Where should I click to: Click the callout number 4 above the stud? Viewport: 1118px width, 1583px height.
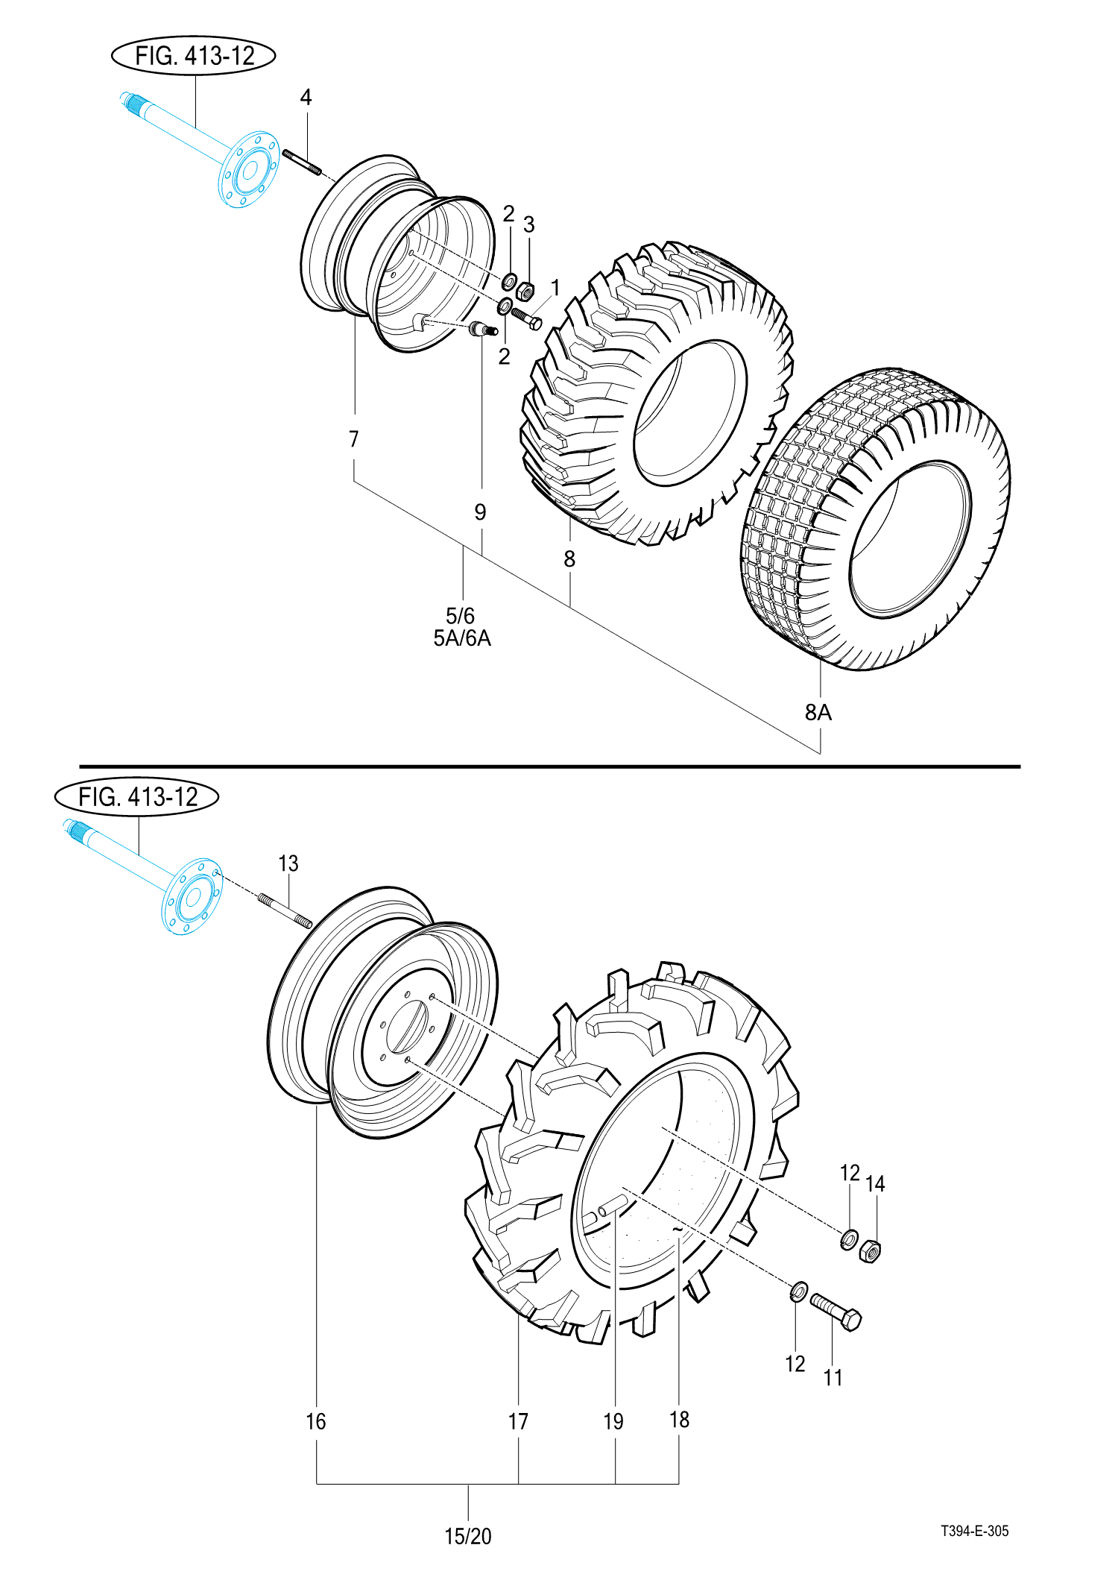click(306, 97)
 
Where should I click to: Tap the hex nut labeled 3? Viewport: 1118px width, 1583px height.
click(525, 289)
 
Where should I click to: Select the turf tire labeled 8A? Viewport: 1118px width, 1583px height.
click(879, 522)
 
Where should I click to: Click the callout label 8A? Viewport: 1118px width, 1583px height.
click(818, 713)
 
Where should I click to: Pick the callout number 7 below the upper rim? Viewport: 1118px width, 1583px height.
click(354, 439)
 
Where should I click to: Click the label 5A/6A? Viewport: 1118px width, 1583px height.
click(462, 639)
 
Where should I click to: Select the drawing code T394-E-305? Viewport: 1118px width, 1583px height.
click(974, 1531)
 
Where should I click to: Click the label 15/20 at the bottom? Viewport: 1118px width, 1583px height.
click(468, 1537)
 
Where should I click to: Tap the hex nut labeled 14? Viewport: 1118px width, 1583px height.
click(870, 1250)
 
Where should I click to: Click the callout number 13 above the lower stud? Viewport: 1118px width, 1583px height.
click(288, 863)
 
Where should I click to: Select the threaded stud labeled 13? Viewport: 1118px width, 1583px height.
click(285, 911)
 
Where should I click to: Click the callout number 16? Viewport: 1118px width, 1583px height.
click(316, 1422)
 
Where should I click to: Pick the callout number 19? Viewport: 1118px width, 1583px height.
click(613, 1422)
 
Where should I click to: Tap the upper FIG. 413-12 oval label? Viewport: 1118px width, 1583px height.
click(194, 56)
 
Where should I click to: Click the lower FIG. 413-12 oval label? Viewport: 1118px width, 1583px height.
click(137, 797)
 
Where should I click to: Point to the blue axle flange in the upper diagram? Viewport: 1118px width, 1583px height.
click(249, 170)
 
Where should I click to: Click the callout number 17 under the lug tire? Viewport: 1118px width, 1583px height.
click(518, 1422)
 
